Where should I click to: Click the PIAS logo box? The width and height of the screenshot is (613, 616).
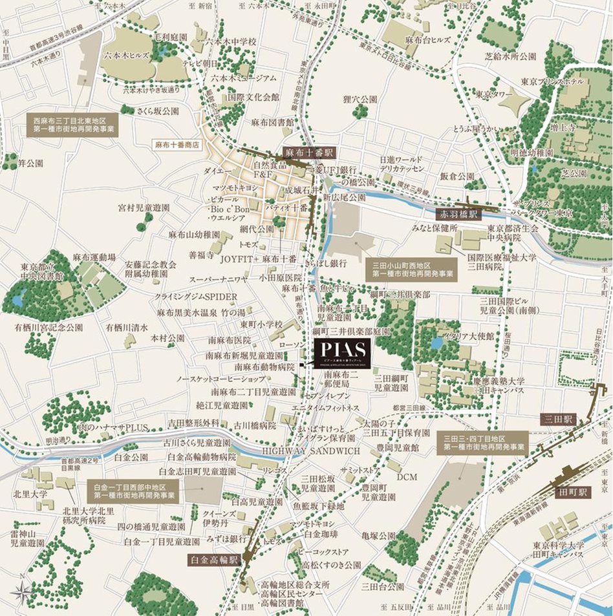coord(343,352)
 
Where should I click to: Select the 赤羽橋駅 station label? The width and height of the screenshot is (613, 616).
coord(459,213)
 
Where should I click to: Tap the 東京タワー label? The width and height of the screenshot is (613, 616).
coord(495,94)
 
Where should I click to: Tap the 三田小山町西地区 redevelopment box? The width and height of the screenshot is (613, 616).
coord(410,270)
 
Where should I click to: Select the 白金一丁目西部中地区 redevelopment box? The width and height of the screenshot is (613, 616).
coord(134,491)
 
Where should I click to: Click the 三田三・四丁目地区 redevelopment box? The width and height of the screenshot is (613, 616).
coord(482,442)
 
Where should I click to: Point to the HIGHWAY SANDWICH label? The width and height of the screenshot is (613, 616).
coord(310,450)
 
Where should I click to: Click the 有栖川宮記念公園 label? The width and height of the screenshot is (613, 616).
coord(49,328)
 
